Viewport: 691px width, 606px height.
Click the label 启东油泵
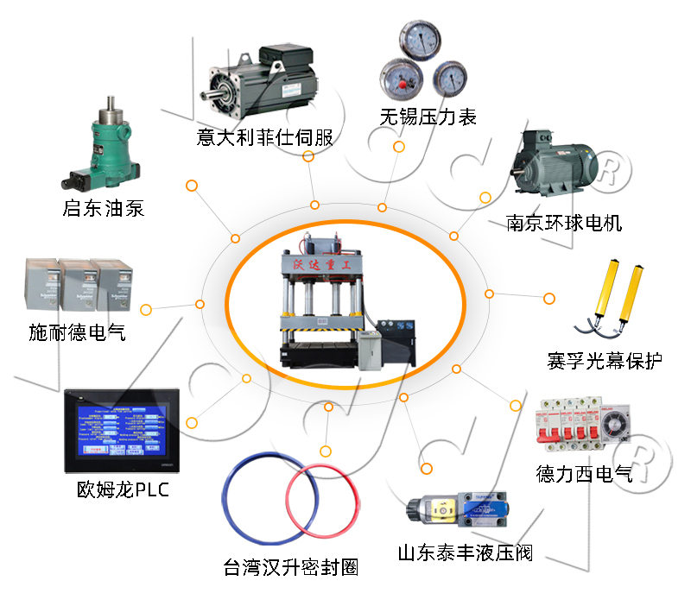[103, 208]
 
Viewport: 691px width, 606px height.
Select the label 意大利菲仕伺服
[264, 137]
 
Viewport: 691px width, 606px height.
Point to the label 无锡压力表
[428, 117]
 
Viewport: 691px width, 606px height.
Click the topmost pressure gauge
[421, 39]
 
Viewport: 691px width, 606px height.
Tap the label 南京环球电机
[564, 224]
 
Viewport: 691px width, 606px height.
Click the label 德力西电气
[584, 473]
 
